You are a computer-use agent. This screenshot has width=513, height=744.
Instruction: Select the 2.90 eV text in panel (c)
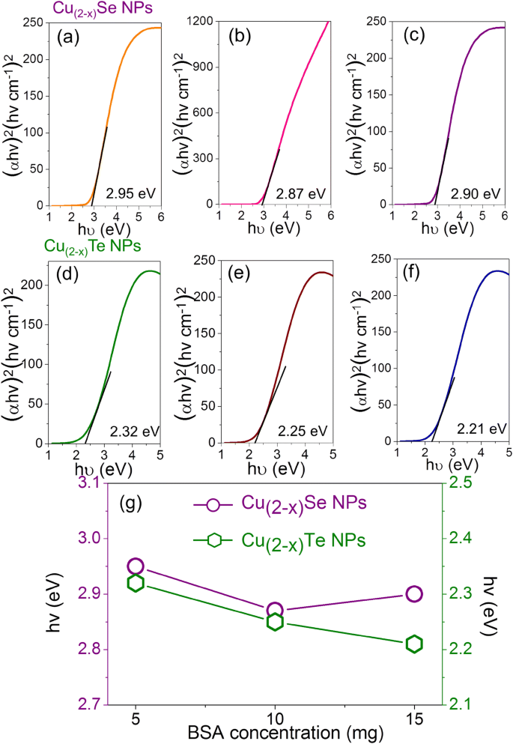475,193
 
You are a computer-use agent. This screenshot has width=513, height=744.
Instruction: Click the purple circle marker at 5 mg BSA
136,566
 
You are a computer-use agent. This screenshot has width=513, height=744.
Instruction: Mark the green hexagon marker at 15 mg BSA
414,644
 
